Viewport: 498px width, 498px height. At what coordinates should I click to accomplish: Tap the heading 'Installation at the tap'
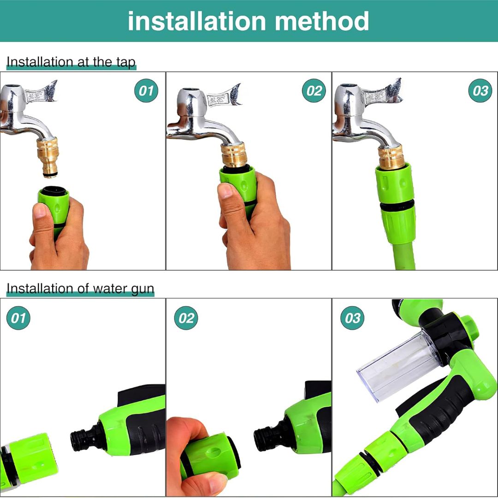point(71,62)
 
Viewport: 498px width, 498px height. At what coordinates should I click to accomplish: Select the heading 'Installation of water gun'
point(80,289)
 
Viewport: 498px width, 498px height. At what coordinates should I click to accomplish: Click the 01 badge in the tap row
point(146,91)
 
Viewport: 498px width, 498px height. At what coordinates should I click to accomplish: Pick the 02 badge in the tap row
point(314,91)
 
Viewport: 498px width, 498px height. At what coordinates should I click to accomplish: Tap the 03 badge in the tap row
point(480,91)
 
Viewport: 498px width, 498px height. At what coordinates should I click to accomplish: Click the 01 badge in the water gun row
point(18,318)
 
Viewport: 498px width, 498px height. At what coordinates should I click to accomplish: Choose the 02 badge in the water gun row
point(186,318)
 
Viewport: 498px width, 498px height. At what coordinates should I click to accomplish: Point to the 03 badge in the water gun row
point(352,318)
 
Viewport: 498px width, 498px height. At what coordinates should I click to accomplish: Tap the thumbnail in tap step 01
point(40,211)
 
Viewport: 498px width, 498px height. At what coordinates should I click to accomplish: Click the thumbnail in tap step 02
point(226,190)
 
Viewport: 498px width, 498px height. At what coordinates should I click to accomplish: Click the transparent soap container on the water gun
point(397,364)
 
